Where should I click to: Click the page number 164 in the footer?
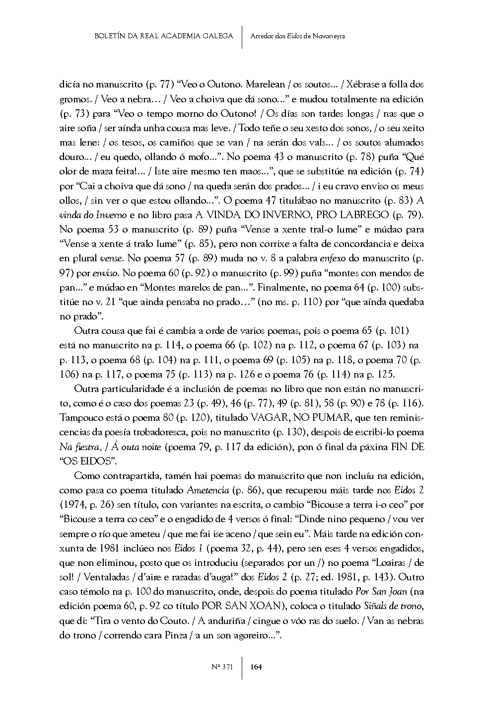point(256,667)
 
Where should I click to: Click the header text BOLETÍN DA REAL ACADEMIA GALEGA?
point(163,36)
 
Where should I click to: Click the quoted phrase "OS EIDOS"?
point(84,461)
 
